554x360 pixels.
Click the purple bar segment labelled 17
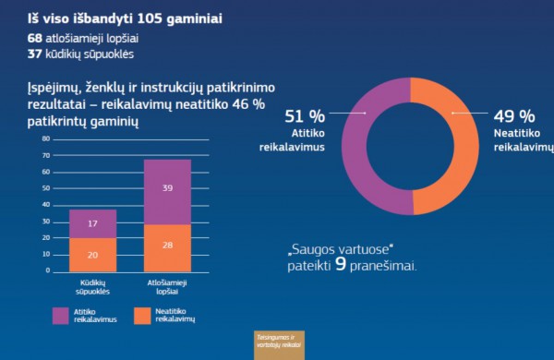[93, 223]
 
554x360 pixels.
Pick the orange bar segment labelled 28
[167, 245]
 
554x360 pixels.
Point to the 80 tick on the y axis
[44, 139]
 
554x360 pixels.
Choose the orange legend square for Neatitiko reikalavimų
[142, 315]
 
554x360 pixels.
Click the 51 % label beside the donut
[304, 116]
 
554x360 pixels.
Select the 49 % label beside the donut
[513, 116]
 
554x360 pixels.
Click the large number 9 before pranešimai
[341, 264]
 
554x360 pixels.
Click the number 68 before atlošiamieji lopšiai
[37, 38]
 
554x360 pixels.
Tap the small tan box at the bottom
[280, 343]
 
